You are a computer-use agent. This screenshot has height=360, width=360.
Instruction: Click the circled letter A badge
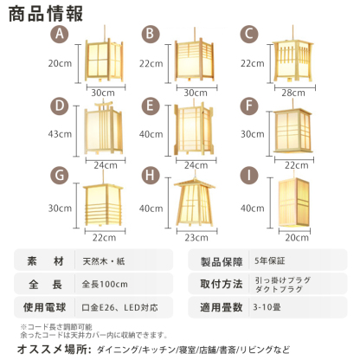pyautogui.click(x=59, y=34)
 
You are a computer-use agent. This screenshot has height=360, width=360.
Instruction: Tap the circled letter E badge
pyautogui.click(x=152, y=106)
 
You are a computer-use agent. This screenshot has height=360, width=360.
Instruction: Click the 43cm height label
pyautogui.click(x=59, y=134)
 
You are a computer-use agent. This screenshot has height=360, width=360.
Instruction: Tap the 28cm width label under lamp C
pyautogui.click(x=292, y=93)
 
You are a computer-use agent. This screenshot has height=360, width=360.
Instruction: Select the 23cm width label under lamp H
pyautogui.click(x=197, y=236)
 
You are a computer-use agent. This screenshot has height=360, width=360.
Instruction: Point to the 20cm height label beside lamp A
pyautogui.click(x=59, y=63)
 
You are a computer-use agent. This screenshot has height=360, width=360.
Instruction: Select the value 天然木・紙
pyautogui.click(x=106, y=260)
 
